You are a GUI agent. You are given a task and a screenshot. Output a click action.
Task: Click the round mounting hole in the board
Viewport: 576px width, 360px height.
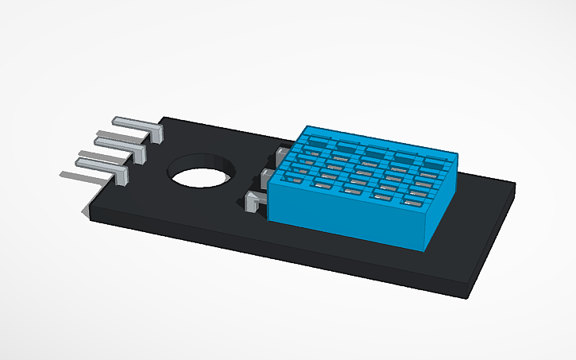point(202,169)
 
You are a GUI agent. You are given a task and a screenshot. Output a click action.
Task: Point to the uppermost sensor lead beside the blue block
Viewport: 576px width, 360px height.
point(282,152)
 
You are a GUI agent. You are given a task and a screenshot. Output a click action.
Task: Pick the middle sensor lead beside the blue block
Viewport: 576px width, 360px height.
point(269,175)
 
